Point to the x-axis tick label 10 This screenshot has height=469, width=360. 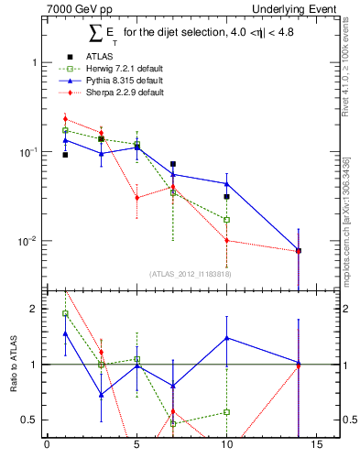pos(226,448)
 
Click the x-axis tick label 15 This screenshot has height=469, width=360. pos(316,448)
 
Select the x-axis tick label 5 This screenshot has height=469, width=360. pos(136,448)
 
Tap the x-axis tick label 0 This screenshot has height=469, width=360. pos(47,448)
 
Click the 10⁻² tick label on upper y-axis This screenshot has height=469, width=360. pos(27,242)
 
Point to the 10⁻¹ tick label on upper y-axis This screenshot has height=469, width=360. pos(27,152)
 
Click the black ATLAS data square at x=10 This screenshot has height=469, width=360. pos(226,196)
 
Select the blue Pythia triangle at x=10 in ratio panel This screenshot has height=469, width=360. pos(226,338)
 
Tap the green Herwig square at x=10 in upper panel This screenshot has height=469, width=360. pos(226,220)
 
